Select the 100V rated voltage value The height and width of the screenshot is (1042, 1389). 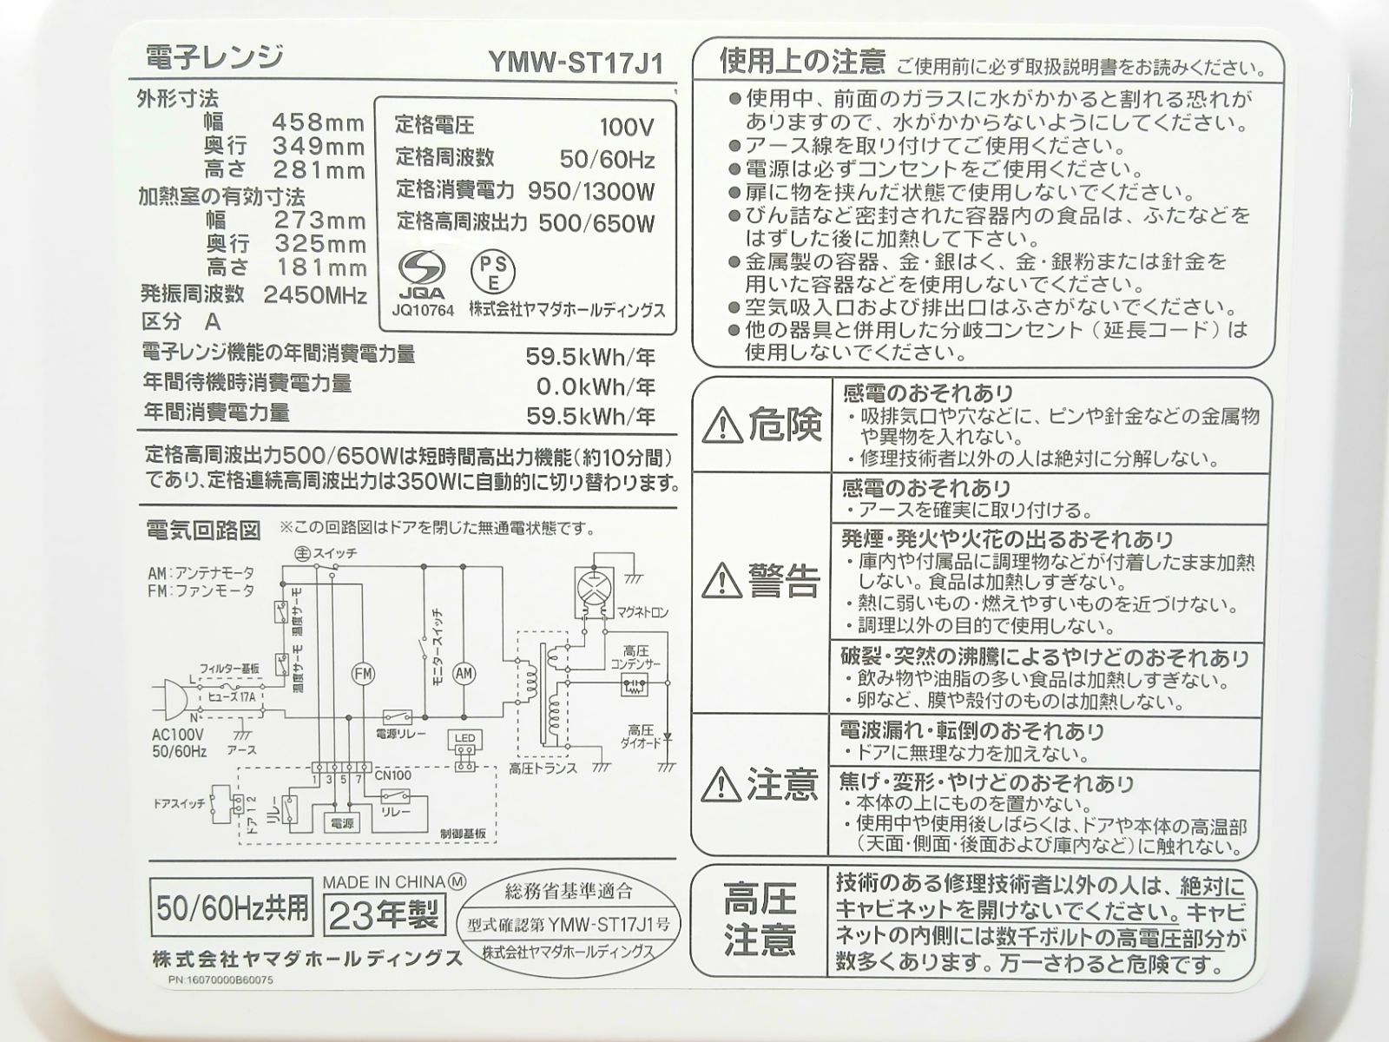coord(626,128)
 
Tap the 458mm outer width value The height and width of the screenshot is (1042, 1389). coord(319,122)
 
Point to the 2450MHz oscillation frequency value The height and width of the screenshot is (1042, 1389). coord(315,295)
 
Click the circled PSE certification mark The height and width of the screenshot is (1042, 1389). coord(492,272)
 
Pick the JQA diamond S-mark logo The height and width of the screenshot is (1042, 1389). coord(423,267)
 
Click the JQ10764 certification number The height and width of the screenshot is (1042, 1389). coord(423,310)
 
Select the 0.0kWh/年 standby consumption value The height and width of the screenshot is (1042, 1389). coord(596,386)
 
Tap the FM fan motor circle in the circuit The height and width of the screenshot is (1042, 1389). coord(362,673)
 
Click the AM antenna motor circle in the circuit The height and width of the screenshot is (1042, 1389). coord(464,673)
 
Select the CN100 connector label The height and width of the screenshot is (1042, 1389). coord(394,775)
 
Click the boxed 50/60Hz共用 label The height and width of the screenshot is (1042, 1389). coord(232,908)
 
